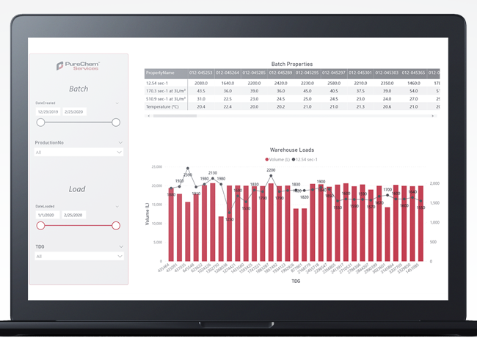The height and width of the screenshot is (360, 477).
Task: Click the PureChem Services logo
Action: click(79, 67)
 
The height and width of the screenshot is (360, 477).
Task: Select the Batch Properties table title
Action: click(291, 65)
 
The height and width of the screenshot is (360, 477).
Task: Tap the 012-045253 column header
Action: click(201, 73)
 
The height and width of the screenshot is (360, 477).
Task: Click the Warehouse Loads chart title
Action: click(291, 150)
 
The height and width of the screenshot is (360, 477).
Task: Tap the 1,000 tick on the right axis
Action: click(434, 222)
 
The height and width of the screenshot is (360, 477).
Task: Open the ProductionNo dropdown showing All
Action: click(79, 153)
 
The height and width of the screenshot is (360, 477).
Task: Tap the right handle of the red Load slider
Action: click(115, 226)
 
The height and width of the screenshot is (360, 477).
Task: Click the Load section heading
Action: click(79, 188)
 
